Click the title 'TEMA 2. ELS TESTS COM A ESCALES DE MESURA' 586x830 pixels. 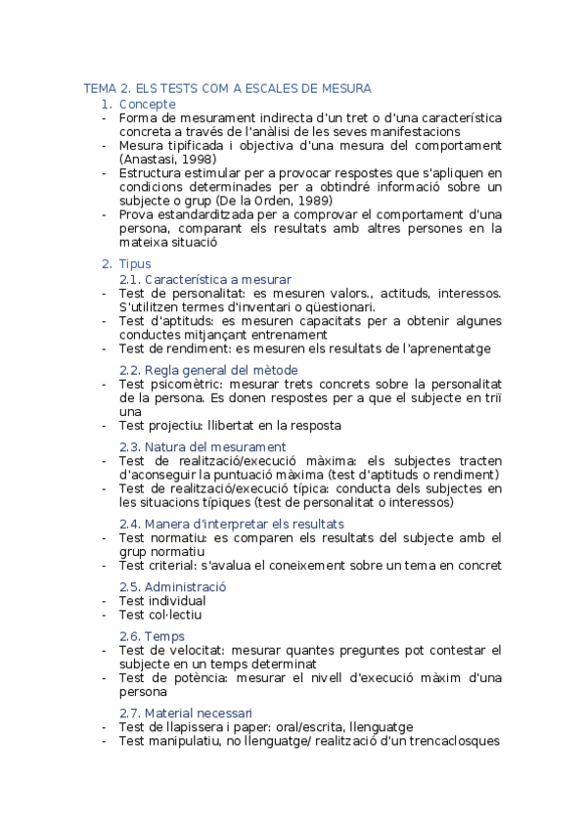[227, 89]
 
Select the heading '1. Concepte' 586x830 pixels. [139, 104]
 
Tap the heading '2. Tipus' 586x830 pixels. [126, 264]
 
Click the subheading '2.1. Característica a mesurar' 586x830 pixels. [204, 279]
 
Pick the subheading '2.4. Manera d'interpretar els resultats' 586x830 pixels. [232, 524]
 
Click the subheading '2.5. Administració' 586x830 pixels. [172, 586]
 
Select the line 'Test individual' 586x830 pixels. [162, 601]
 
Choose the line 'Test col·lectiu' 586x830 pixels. [160, 615]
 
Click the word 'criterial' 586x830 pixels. [178, 565]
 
